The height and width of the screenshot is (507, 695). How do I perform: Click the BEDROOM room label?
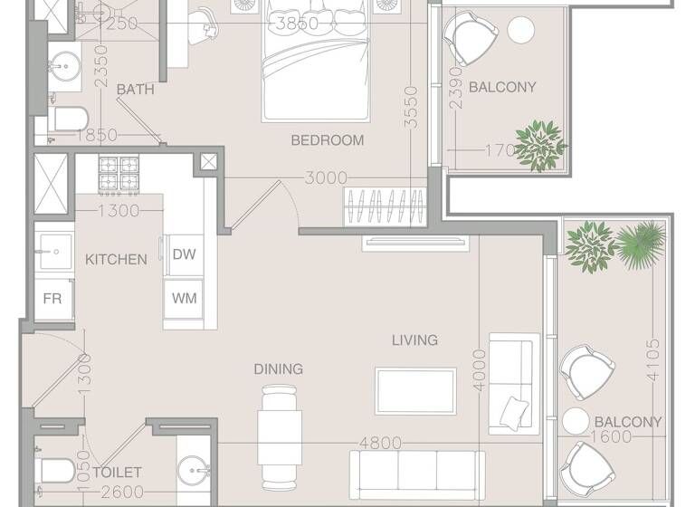click(x=327, y=140)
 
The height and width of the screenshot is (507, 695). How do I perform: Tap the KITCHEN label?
click(x=116, y=260)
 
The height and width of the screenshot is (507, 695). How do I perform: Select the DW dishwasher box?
click(x=185, y=254)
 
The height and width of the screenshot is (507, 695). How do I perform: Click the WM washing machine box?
click(x=185, y=297)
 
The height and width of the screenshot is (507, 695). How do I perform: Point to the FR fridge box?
click(x=52, y=298)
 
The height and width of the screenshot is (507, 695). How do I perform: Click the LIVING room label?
click(x=414, y=340)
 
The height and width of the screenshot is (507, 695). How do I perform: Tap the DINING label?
click(x=278, y=369)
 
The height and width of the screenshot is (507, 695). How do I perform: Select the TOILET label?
click(x=117, y=473)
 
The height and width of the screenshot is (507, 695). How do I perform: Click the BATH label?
click(x=136, y=90)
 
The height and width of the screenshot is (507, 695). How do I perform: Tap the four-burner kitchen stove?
click(x=119, y=176)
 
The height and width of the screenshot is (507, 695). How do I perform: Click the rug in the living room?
click(x=415, y=391)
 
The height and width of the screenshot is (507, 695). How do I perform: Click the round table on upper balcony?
click(x=521, y=30)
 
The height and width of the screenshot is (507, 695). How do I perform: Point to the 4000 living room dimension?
click(x=480, y=369)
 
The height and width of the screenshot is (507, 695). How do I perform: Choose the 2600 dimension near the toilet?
click(x=124, y=493)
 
